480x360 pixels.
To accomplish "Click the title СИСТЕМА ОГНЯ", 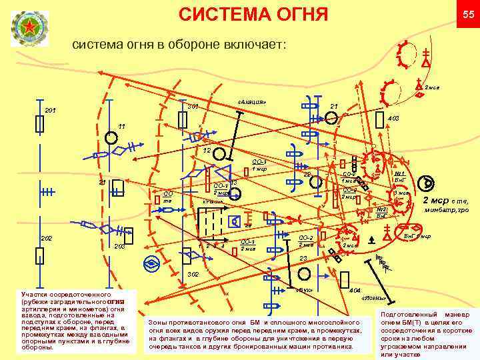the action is point(254,14).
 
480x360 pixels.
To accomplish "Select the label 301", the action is point(193,106).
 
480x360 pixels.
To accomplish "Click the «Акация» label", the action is point(251,102).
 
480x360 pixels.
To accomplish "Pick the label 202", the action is point(47,238).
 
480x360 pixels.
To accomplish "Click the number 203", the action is point(120,247).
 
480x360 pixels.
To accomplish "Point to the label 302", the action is point(193,274).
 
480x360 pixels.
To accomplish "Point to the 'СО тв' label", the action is point(168,197).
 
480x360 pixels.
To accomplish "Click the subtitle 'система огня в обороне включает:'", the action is point(178,45).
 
